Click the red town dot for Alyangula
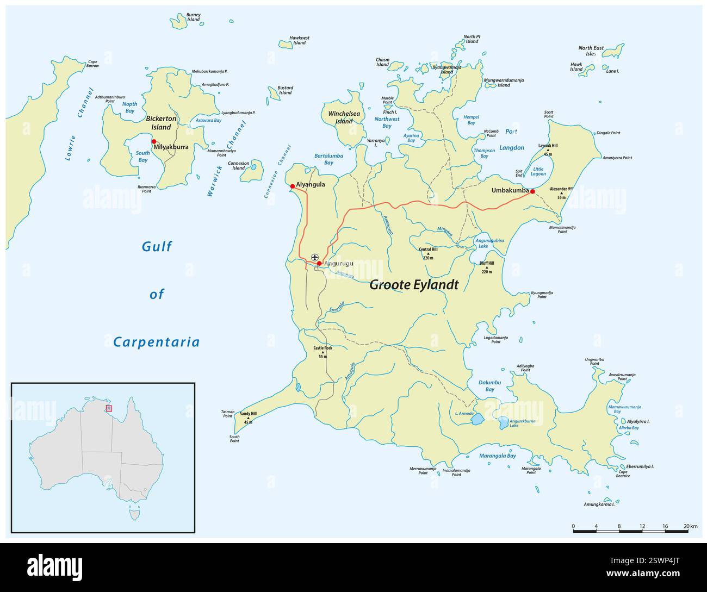[292, 186]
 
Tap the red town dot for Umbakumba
[532, 191]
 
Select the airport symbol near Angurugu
[314, 257]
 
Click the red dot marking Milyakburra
[154, 141]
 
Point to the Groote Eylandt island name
[414, 285]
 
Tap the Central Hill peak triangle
[427, 253]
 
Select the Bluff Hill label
[487, 263]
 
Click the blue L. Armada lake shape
[477, 419]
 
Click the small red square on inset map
[109, 408]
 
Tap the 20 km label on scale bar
[690, 526]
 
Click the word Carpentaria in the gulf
[156, 342]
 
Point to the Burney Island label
[193, 17]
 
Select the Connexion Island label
[238, 165]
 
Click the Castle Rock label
[323, 348]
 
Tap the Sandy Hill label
[248, 414]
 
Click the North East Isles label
[591, 51]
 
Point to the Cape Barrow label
[93, 64]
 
